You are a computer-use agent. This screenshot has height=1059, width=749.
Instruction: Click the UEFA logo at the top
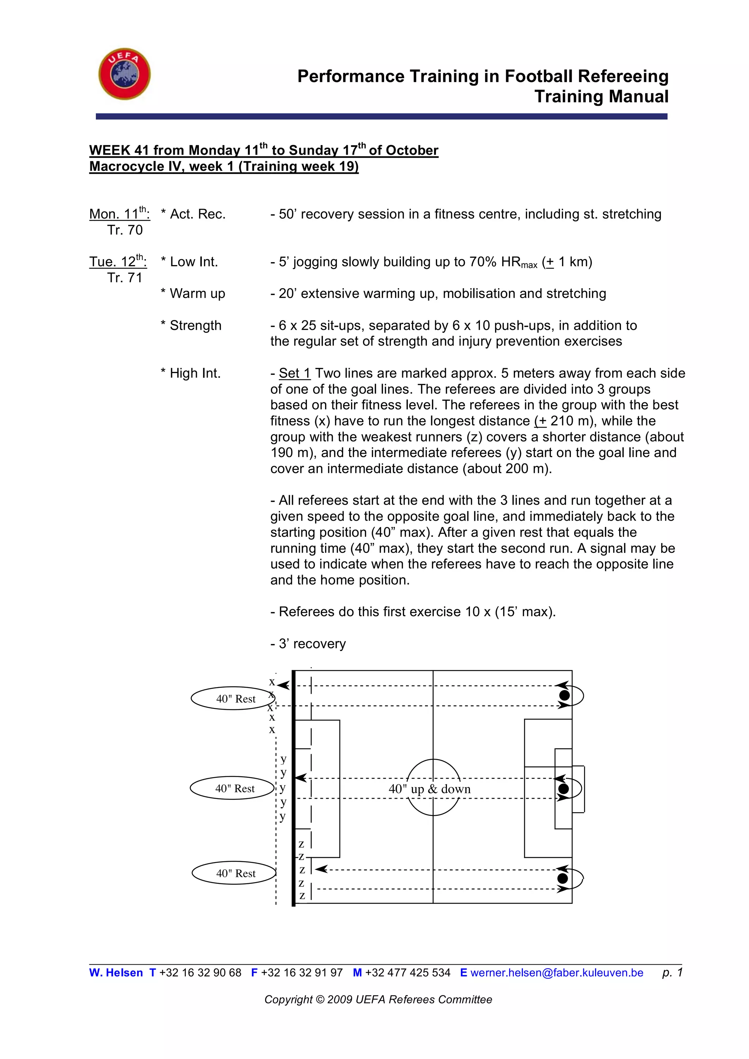(x=124, y=74)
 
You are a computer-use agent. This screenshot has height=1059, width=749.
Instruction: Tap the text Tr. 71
(x=124, y=278)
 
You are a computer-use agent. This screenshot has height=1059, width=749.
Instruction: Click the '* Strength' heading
(x=191, y=325)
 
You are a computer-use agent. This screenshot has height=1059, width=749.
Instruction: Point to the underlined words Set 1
(x=294, y=373)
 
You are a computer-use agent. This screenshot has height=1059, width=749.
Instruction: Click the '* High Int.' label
(x=191, y=373)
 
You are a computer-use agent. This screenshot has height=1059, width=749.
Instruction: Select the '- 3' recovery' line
(x=308, y=644)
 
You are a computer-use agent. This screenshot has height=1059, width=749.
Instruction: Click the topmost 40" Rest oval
(x=233, y=699)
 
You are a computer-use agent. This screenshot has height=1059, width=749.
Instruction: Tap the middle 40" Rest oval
(x=233, y=788)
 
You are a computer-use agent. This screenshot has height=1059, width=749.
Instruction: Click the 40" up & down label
(x=429, y=789)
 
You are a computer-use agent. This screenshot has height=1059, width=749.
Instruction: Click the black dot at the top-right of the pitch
(x=564, y=695)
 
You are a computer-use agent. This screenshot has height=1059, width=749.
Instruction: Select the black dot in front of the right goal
(x=563, y=789)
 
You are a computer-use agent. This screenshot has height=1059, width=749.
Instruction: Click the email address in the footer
(x=556, y=973)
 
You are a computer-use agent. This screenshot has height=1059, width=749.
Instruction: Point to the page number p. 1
(x=672, y=972)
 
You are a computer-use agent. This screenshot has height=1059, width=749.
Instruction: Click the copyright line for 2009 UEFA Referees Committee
(x=378, y=999)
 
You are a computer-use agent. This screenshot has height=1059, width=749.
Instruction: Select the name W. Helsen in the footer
(x=116, y=973)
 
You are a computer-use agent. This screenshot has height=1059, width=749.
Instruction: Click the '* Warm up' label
(x=193, y=294)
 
